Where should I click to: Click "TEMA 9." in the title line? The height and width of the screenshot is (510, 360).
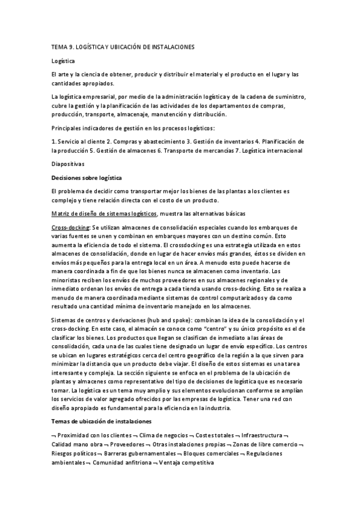(62, 48)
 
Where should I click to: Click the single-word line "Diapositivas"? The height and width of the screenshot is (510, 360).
(69, 164)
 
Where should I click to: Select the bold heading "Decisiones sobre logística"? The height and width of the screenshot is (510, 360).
(87, 177)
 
